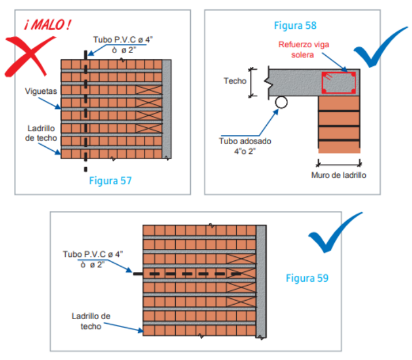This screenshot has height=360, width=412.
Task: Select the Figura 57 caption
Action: point(110,180)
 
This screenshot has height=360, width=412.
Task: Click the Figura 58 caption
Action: point(294,25)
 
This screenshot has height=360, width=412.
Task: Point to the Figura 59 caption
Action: point(307,278)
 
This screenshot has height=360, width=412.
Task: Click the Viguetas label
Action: point(40,91)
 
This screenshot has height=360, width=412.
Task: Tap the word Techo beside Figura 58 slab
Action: point(235,81)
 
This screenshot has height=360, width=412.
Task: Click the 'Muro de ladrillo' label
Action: point(339,175)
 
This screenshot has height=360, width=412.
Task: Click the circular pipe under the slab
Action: point(281,102)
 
